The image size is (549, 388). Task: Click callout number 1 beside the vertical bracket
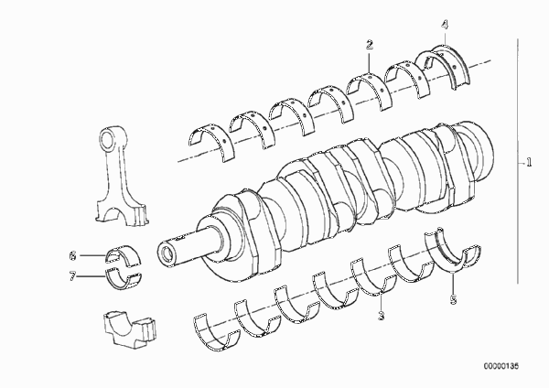(x=529, y=162)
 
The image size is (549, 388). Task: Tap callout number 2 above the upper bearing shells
(x=370, y=45)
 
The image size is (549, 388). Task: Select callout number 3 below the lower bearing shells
(x=382, y=316)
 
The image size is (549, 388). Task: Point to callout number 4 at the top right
(x=445, y=25)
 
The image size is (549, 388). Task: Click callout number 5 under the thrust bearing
(x=454, y=300)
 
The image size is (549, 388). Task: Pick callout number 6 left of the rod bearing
(x=72, y=255)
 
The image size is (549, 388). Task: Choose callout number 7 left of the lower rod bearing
(x=72, y=276)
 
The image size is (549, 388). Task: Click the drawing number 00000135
(x=501, y=366)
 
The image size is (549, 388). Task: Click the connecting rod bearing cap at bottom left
(x=130, y=329)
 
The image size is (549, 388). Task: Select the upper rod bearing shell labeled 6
(x=124, y=255)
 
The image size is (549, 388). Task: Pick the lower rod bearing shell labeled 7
(x=124, y=279)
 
